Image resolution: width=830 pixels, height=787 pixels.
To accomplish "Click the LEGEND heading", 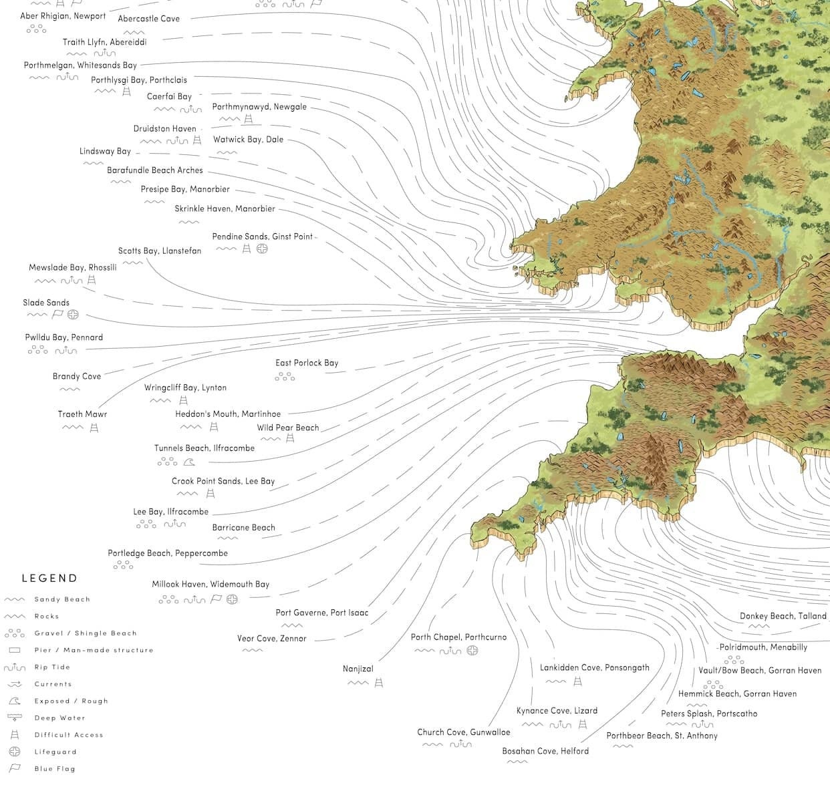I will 49,579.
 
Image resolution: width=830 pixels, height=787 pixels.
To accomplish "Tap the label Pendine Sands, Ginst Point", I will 262,237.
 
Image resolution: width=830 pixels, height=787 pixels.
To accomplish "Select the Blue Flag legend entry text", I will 55,769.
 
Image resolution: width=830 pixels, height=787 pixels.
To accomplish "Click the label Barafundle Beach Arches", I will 154,170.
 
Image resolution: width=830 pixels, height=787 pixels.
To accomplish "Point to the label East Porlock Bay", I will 307,363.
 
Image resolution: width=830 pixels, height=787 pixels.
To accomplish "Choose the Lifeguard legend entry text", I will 55,752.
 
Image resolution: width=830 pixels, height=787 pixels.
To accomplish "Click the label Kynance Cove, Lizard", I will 557,711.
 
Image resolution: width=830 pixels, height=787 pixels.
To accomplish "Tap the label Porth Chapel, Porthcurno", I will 458,637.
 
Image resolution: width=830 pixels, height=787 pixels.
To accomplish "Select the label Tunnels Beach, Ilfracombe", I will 204,448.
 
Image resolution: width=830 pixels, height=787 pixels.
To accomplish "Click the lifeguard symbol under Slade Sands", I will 74,315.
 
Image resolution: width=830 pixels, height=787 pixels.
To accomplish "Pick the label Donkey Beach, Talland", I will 783,616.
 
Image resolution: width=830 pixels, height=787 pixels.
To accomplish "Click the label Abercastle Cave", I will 148,19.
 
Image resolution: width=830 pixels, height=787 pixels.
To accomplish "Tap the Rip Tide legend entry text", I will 52,667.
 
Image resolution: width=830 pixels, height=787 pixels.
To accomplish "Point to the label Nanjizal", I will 358,669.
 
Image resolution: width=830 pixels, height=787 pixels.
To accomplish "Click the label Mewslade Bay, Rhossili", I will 72,267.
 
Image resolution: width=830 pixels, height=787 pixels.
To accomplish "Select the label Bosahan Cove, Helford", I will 545,751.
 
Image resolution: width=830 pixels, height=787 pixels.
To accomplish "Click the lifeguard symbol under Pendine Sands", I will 262,249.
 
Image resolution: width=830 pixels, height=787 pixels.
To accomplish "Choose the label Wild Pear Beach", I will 287,428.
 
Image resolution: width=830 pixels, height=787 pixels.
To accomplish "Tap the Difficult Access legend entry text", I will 69,735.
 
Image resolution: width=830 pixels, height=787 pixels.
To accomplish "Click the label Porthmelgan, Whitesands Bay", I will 80,65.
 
